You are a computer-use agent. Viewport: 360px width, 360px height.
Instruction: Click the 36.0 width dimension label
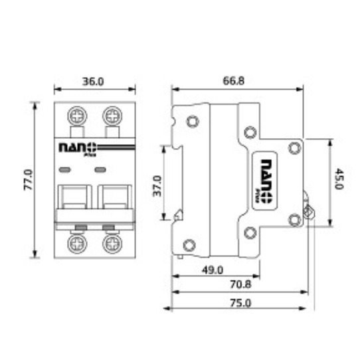pyautogui.click(x=93, y=82)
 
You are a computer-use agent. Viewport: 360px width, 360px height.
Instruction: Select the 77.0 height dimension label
pyautogui.click(x=29, y=180)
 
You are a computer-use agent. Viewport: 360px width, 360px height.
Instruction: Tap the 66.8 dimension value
pyautogui.click(x=234, y=81)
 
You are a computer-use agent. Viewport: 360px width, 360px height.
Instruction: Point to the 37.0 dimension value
pyautogui.click(x=157, y=186)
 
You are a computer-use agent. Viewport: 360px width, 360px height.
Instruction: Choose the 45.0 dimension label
pyautogui.click(x=339, y=179)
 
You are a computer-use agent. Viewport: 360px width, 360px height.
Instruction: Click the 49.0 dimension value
pyautogui.click(x=213, y=270)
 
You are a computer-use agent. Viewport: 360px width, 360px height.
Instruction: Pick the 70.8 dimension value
pyautogui.click(x=240, y=284)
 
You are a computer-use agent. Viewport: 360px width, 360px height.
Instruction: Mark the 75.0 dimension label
pyautogui.click(x=240, y=303)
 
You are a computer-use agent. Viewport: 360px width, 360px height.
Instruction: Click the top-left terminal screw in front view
pyautogui.click(x=77, y=116)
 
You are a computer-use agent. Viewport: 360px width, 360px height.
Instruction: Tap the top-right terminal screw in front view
pyautogui.click(x=112, y=116)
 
